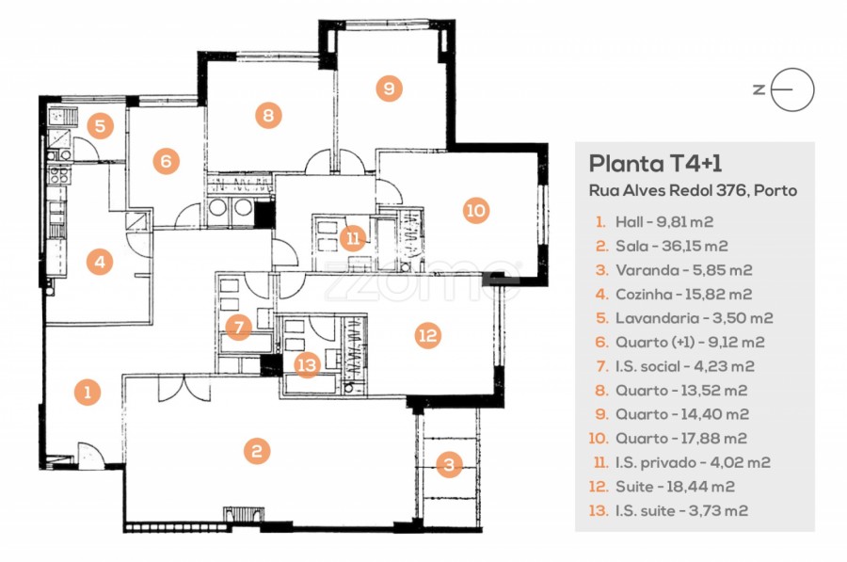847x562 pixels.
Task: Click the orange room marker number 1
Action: (x=88, y=392)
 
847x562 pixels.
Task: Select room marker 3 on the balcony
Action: (x=450, y=464)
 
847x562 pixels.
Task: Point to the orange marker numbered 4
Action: (x=99, y=262)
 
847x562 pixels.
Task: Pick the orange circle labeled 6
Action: (x=166, y=161)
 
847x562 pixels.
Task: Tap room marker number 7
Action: (x=239, y=328)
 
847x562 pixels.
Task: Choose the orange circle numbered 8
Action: (x=268, y=116)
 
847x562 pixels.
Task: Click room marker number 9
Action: (x=388, y=88)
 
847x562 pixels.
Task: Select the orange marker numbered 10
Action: (x=476, y=210)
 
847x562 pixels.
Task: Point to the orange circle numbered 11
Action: (x=353, y=237)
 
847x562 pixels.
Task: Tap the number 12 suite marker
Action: (x=427, y=334)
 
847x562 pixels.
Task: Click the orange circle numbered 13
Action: (x=307, y=364)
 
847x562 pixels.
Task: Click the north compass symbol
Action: (x=791, y=90)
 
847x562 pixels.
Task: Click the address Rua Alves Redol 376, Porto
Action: (x=692, y=191)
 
